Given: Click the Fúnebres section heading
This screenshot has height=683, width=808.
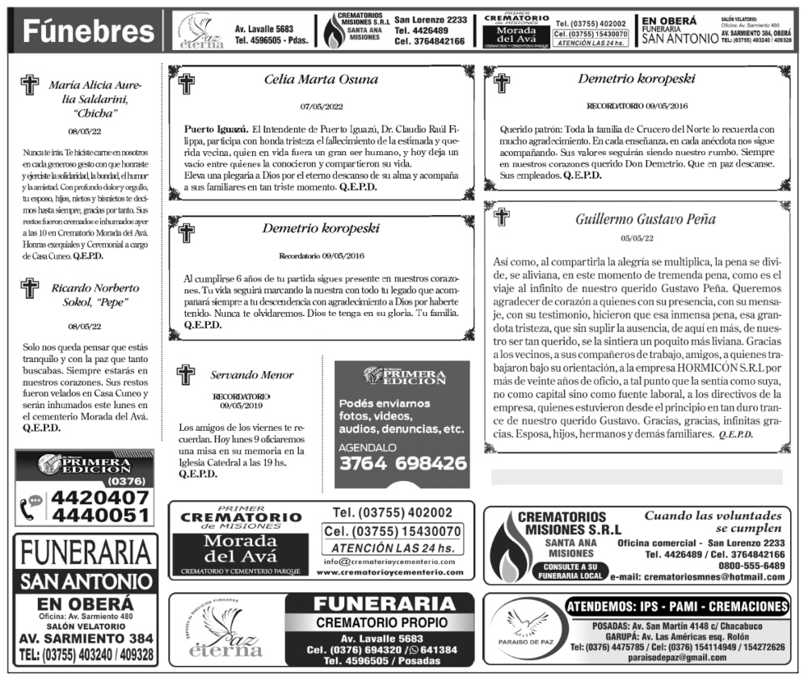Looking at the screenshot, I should [x=88, y=32].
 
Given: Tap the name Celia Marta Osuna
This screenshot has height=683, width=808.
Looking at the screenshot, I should [x=321, y=79].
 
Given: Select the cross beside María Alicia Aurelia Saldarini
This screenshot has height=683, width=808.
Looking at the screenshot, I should [x=30, y=85].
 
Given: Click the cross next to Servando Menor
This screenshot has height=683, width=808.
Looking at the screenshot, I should [x=186, y=374].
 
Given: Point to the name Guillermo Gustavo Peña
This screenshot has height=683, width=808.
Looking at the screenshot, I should [x=633, y=219].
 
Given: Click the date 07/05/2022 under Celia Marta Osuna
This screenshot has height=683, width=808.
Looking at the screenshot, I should [x=322, y=106].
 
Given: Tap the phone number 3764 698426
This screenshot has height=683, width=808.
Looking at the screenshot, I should [x=402, y=464].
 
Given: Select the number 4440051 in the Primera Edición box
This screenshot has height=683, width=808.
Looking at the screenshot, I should [x=99, y=515].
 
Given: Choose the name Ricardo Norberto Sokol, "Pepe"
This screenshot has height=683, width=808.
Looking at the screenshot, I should [x=95, y=295].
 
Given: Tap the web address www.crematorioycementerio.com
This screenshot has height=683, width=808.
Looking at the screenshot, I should [x=390, y=571].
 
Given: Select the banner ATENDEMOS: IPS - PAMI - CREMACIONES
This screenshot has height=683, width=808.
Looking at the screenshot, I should [x=676, y=607].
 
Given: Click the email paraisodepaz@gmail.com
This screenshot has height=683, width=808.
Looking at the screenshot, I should [x=678, y=657].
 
